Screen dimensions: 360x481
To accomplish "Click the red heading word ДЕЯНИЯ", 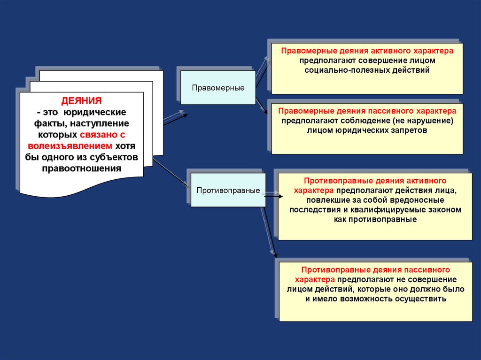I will coord(82,101).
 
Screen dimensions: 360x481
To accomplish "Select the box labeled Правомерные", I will coord(218,88).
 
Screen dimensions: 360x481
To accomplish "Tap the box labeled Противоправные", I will coord(228,191).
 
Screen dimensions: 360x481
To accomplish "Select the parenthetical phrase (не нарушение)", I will coord(422,121).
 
